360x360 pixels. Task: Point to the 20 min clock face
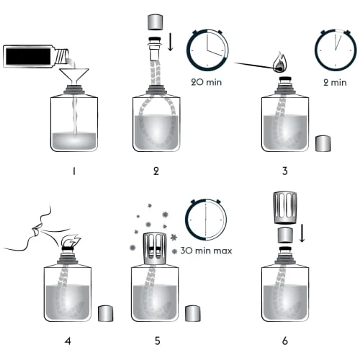(x=207, y=50)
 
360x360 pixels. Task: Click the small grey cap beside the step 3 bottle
(x=325, y=142)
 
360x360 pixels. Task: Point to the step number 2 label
(x=156, y=171)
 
